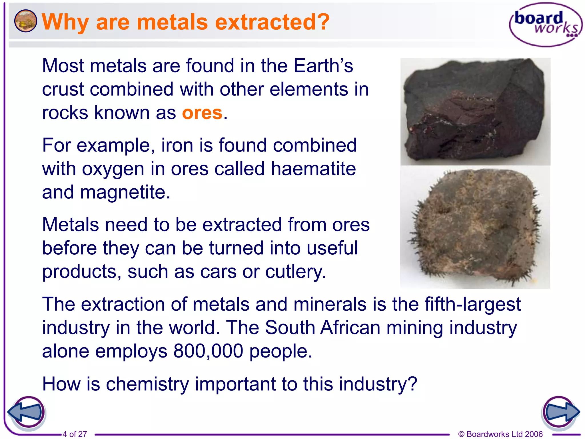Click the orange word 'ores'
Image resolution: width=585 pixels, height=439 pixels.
pos(202,113)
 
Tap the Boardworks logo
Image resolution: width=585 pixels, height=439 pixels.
pos(546,25)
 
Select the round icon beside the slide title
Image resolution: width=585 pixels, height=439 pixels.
pos(25,21)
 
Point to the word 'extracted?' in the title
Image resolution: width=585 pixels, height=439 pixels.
pos(272,22)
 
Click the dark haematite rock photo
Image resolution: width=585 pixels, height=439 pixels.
pos(475,112)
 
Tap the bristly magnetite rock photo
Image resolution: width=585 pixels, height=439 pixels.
pos(475,228)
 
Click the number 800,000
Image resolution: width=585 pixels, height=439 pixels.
pos(208,351)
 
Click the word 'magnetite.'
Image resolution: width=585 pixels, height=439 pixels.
pos(125,192)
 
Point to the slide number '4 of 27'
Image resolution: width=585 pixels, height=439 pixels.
pos(75,434)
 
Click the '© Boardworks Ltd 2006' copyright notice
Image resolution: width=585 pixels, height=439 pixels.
pos(500,434)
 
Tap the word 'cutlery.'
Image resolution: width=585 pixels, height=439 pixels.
pos(295,272)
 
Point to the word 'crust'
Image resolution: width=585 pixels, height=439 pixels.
pos(63,90)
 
